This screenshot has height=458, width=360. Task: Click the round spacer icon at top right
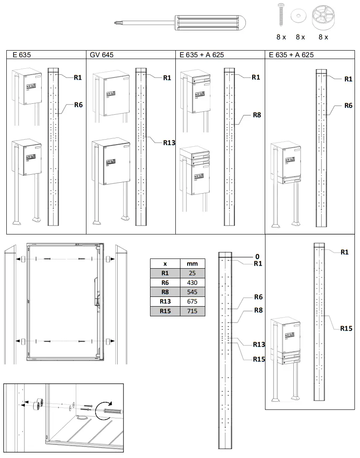[322, 16]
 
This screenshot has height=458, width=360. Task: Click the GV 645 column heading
[102, 55]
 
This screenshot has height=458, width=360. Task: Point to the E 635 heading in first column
[22, 55]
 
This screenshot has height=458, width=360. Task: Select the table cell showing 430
[192, 283]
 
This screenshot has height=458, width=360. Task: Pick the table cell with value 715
[192, 311]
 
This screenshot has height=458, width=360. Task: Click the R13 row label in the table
[165, 302]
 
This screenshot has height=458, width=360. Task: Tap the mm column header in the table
[192, 264]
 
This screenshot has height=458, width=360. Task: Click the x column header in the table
[165, 264]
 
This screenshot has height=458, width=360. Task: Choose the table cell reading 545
[192, 292]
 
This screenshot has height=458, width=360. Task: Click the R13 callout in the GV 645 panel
[169, 143]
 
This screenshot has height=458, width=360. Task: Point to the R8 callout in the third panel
[257, 114]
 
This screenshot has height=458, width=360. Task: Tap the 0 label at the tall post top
[257, 256]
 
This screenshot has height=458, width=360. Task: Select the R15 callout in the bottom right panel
[346, 328]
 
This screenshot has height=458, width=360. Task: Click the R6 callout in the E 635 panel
[78, 105]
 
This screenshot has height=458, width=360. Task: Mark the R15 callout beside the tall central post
[259, 359]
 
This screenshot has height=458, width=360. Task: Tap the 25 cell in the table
[192, 273]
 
